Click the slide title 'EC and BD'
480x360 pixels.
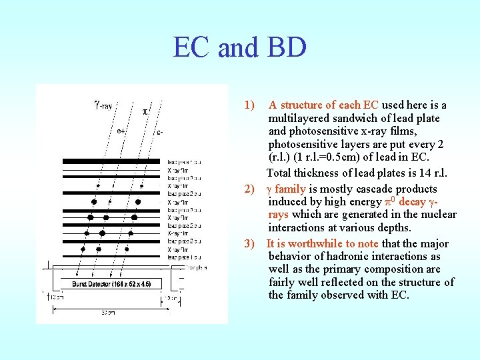pos(239,48)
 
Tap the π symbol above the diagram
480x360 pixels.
pos(146,111)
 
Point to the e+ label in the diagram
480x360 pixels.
pos(121,131)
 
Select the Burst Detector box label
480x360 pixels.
pos(111,284)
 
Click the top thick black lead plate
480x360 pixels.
pos(112,161)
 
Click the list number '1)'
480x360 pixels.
pos(249,105)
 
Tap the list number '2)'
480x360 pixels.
pos(249,189)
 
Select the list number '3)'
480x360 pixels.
pos(249,244)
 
